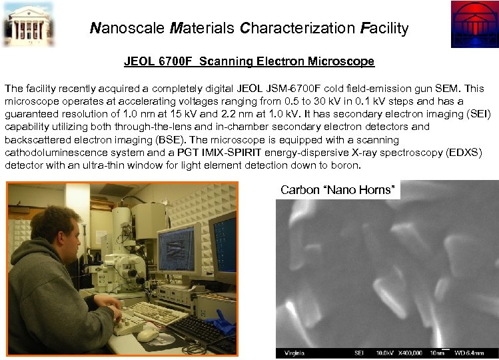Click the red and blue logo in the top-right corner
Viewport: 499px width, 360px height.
tap(474, 24)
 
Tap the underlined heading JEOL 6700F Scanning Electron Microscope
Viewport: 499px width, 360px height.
tap(249, 62)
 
